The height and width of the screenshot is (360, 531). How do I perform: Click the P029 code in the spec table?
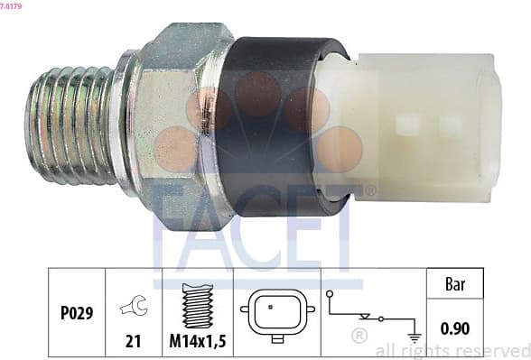tap(77, 313)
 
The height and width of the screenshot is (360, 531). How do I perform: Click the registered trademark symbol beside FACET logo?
tap(369, 190)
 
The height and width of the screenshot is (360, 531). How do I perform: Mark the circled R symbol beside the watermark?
tap(359, 335)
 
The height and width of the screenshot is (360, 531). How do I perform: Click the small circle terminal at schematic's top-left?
tap(331, 293)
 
